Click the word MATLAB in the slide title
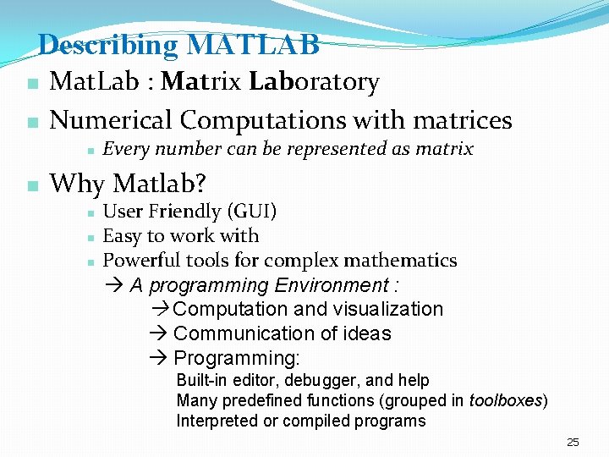coord(253,45)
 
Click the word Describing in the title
coord(108,45)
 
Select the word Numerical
coord(111,120)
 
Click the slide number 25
coord(573,443)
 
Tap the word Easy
coord(122,236)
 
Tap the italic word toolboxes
coord(506,400)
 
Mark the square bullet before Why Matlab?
coord(31,184)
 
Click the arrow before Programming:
coord(162,358)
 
